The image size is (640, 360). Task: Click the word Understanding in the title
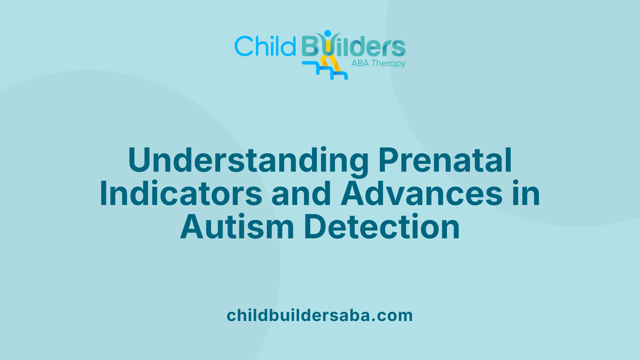tap(248, 161)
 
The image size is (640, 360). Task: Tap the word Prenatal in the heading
tap(445, 161)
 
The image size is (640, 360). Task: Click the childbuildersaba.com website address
tap(320, 315)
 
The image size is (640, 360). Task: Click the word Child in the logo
tap(265, 46)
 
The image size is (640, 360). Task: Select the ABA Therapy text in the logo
tap(378, 63)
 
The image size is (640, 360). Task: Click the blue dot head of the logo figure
tap(328, 33)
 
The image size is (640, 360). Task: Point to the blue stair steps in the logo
tap(325, 71)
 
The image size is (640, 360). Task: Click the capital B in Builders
tap(310, 46)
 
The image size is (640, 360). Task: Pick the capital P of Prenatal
tap(389, 161)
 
